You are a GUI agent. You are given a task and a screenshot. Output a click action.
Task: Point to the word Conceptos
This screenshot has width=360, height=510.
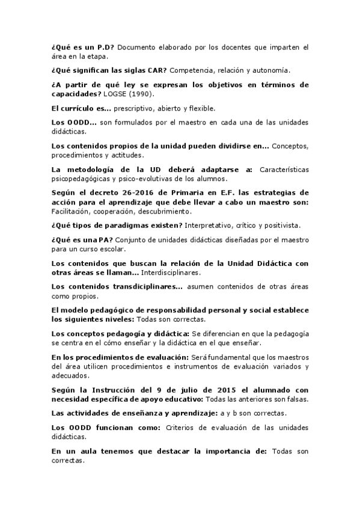pos(291,147)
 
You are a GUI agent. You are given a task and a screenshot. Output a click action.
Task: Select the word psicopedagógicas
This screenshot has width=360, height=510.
pos(79,179)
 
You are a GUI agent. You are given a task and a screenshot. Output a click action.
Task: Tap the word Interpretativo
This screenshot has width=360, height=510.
pos(209,226)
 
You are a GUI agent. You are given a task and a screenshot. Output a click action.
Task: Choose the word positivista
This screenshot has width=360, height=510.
pos(281,226)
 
